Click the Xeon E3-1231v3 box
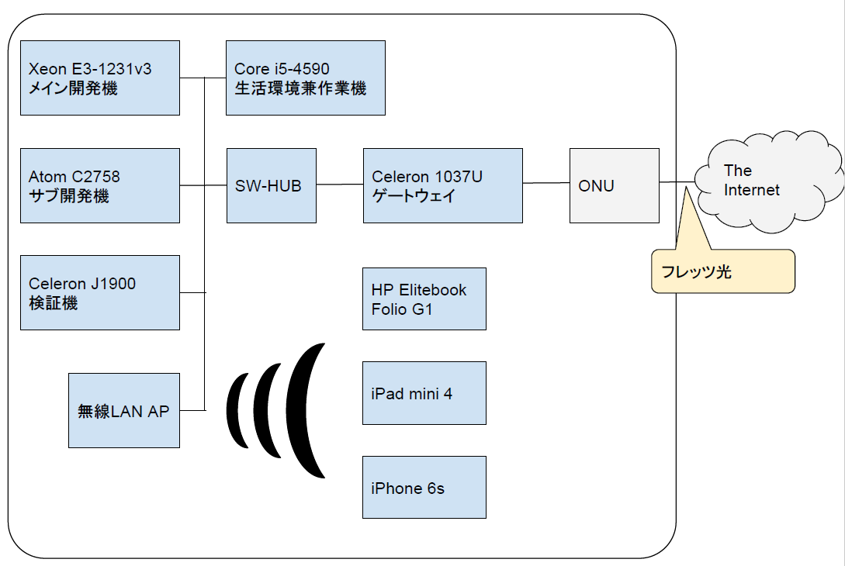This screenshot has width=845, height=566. click(x=99, y=78)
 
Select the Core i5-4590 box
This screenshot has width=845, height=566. click(x=306, y=78)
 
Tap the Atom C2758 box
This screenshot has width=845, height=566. click(x=99, y=186)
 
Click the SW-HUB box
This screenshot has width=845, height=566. click(x=272, y=186)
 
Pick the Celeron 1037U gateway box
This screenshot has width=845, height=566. click(x=443, y=186)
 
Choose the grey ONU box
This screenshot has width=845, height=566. click(x=615, y=186)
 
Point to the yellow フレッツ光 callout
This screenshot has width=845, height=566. click(x=723, y=271)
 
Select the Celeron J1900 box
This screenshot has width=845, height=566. click(x=99, y=292)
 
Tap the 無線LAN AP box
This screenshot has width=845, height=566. click(x=124, y=410)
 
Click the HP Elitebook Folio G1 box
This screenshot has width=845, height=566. click(x=424, y=299)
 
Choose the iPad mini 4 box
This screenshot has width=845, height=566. click(x=424, y=393)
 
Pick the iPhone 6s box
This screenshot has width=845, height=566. click(x=424, y=488)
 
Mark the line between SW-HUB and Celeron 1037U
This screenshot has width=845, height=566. click(x=340, y=185)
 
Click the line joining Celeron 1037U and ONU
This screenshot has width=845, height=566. click(x=546, y=183)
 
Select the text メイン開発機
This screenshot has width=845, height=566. click(x=73, y=88)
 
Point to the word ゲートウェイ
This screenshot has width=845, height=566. click(x=414, y=195)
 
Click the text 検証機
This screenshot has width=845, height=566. click(x=54, y=303)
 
